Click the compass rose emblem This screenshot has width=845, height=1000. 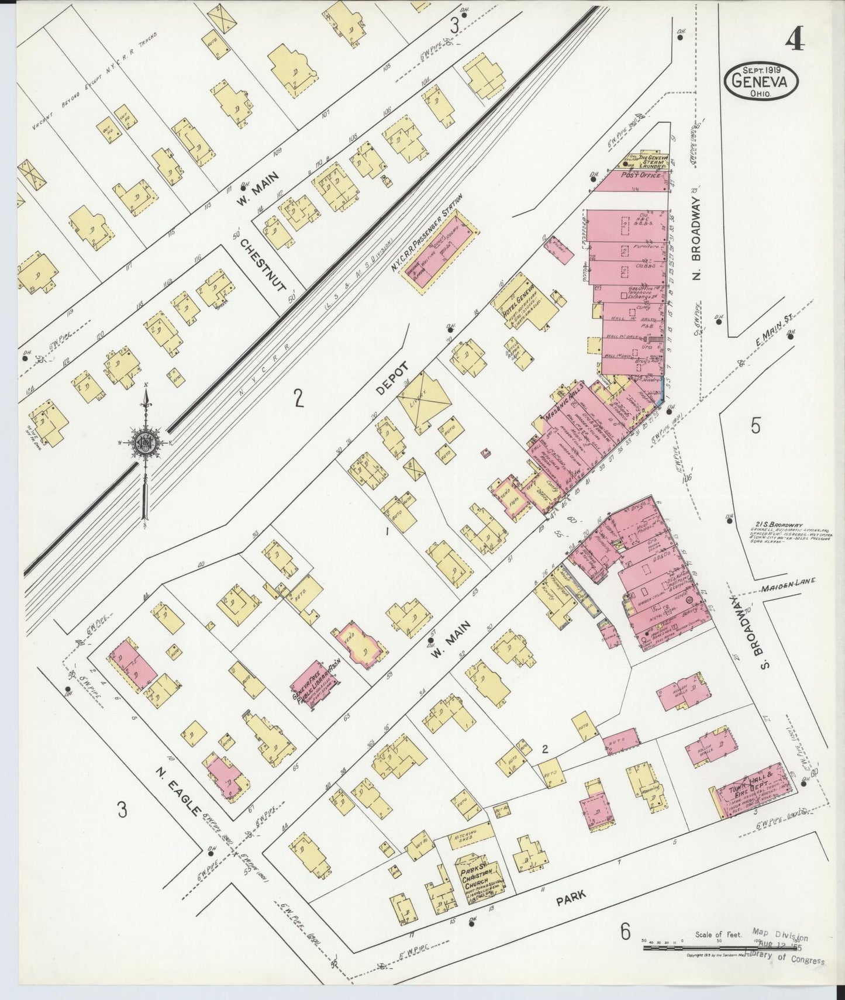tap(144, 442)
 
